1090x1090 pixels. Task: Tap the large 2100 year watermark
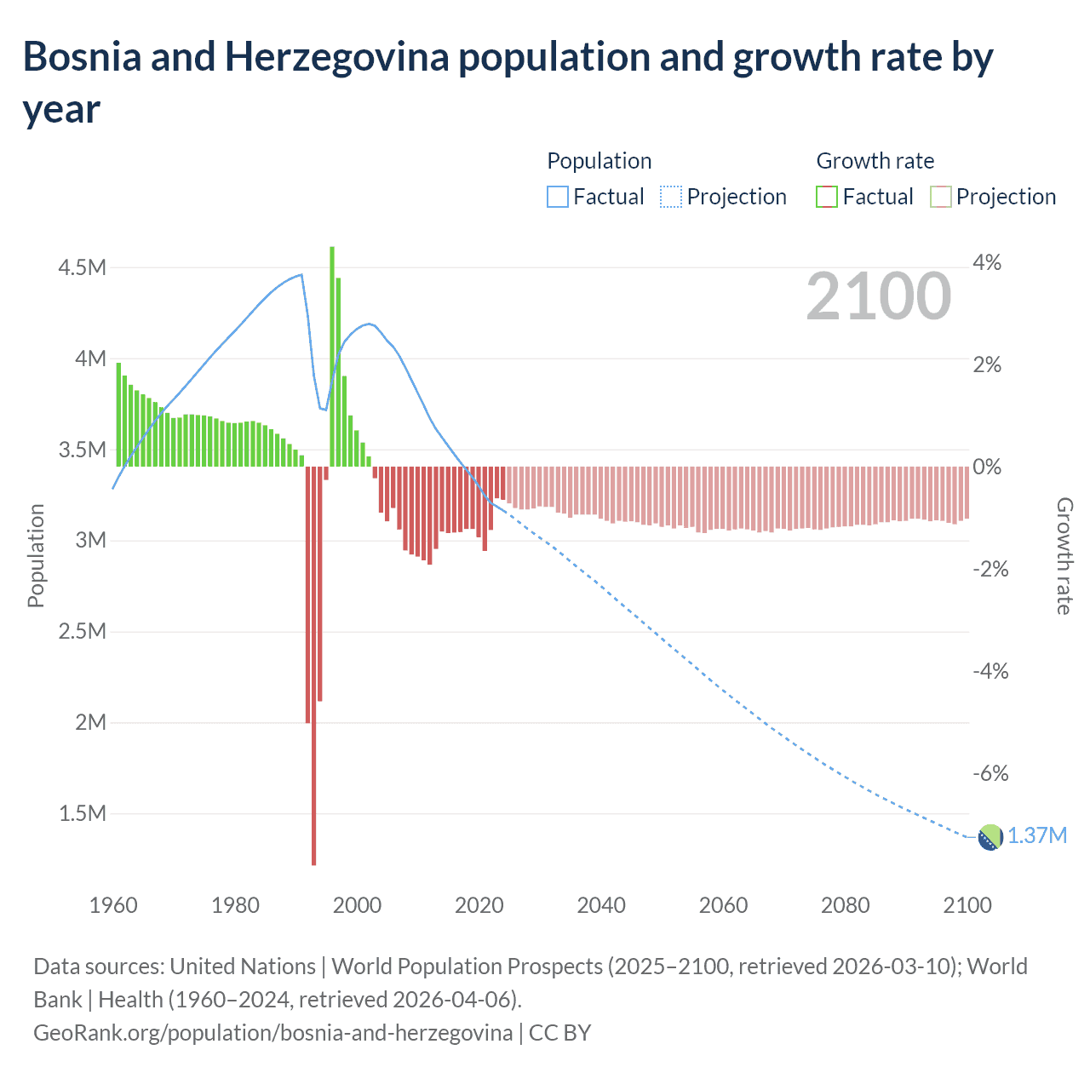[x=878, y=296]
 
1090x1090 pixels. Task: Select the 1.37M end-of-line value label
[x=1037, y=835]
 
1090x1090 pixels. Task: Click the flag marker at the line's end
[x=990, y=837]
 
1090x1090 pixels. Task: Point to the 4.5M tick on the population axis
[x=82, y=267]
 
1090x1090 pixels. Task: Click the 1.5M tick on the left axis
[x=82, y=813]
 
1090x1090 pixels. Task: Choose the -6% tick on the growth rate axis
[x=990, y=773]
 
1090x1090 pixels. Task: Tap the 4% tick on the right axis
[x=987, y=262]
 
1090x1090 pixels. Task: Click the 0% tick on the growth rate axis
[x=987, y=467]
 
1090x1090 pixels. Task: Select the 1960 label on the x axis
[x=113, y=905]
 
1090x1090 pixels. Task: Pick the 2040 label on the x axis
[x=601, y=905]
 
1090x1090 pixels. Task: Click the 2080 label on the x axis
[x=846, y=905]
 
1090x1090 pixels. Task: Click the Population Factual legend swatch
[x=557, y=197]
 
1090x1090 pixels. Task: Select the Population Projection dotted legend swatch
[x=671, y=197]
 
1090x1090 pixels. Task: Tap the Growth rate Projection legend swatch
[x=940, y=197]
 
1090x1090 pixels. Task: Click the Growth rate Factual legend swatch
[x=827, y=197]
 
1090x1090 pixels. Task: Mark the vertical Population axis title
[x=36, y=555]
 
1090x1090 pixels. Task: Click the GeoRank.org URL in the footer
[x=272, y=1033]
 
